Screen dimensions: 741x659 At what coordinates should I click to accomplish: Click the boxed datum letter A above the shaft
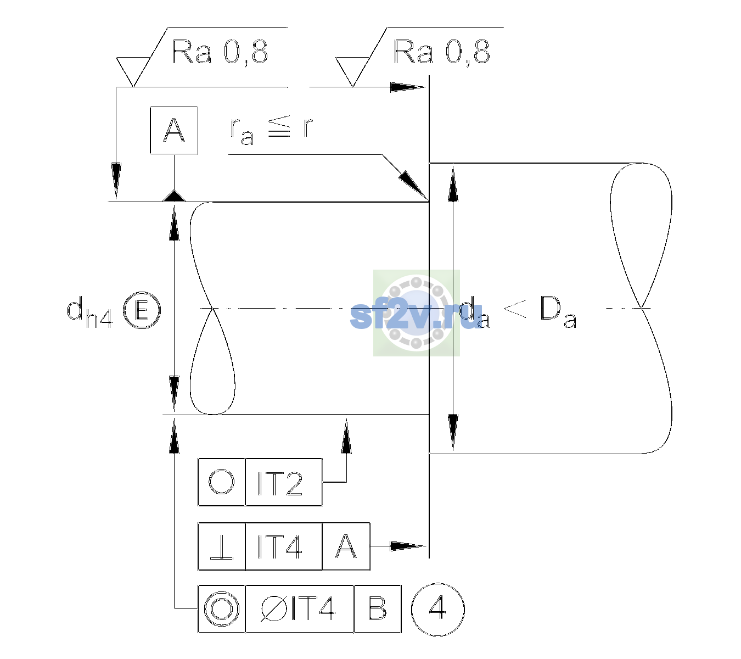174,131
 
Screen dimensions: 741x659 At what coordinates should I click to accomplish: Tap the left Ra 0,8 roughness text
220,52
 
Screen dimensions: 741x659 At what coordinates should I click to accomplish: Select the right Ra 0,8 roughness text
441,52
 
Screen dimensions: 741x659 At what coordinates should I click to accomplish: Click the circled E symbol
142,310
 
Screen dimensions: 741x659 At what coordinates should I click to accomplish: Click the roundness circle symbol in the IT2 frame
221,482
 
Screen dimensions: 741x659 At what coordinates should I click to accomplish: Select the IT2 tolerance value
280,483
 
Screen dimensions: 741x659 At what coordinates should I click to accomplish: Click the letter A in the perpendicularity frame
346,546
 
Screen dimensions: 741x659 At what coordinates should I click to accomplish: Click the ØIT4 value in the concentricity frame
298,609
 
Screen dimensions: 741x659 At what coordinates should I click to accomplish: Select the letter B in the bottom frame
377,609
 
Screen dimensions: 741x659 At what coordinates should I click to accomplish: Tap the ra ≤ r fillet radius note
271,130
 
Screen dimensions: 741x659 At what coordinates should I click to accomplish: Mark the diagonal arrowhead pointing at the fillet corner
413,185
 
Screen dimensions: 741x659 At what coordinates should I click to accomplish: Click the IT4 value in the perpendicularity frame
280,547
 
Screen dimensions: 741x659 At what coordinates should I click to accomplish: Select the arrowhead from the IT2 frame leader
346,436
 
